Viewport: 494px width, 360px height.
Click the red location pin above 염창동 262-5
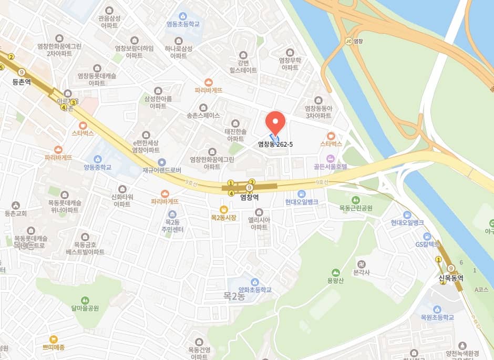[275, 123]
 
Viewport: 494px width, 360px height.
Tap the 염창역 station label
[249, 198]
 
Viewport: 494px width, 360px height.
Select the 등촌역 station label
[22, 83]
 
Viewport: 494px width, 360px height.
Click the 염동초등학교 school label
[183, 24]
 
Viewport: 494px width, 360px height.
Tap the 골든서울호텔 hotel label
[331, 167]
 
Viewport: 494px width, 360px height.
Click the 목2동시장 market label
[223, 217]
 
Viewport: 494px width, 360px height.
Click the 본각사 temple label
[361, 272]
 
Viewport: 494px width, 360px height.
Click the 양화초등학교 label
[255, 290]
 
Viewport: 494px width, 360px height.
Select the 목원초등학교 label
[437, 317]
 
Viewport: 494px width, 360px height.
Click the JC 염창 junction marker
[355, 40]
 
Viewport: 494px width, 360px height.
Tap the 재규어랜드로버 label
[161, 170]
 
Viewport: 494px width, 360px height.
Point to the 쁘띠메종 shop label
[54, 347]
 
